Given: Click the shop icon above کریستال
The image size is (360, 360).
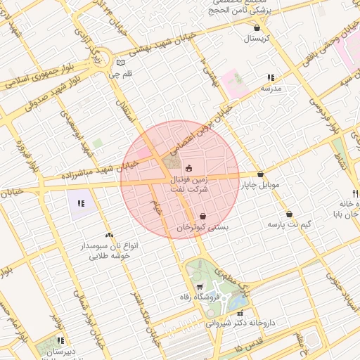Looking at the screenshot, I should pyautogui.click(x=258, y=28).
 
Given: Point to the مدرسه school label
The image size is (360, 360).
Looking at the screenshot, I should pyautogui.click(x=271, y=89).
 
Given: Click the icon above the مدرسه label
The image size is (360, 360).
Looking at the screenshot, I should pyautogui.click(x=271, y=78).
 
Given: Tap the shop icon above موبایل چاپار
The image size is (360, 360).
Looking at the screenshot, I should pyautogui.click(x=260, y=174).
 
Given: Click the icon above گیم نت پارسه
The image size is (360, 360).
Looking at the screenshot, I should pyautogui.click(x=289, y=214).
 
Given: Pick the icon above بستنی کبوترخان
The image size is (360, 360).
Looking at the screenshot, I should pyautogui.click(x=202, y=217).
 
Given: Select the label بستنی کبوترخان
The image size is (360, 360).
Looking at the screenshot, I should pyautogui.click(x=202, y=228).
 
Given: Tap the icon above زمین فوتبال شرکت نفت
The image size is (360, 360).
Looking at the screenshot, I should pyautogui.click(x=188, y=168).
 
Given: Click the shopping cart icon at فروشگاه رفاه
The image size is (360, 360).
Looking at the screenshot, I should pyautogui.click(x=200, y=286).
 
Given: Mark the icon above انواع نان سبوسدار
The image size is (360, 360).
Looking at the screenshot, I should pyautogui.click(x=108, y=236).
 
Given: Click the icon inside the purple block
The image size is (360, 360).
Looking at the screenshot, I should pyautogui.click(x=81, y=204).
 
